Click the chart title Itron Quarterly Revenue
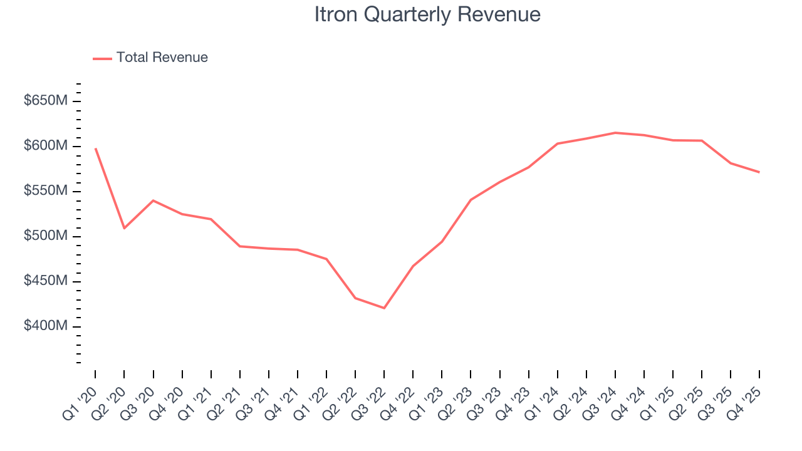pyautogui.click(x=427, y=14)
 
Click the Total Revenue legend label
pyautogui.click(x=162, y=58)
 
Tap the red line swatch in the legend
pyautogui.click(x=102, y=58)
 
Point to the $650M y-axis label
pyautogui.click(x=45, y=101)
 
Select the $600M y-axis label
pyautogui.click(x=45, y=146)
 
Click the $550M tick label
pyautogui.click(x=45, y=191)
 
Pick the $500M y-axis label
pyautogui.click(x=45, y=236)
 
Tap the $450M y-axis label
pyautogui.click(x=45, y=281)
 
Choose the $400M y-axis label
pyautogui.click(x=45, y=326)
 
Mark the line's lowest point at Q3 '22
pyautogui.click(x=384, y=308)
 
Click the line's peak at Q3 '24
pyautogui.click(x=615, y=133)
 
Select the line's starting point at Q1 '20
pyautogui.click(x=95, y=148)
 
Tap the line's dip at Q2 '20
pyautogui.click(x=124, y=228)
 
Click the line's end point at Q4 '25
pyautogui.click(x=759, y=172)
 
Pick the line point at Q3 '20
pyautogui.click(x=153, y=200)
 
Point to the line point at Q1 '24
pyautogui.click(x=558, y=143)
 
